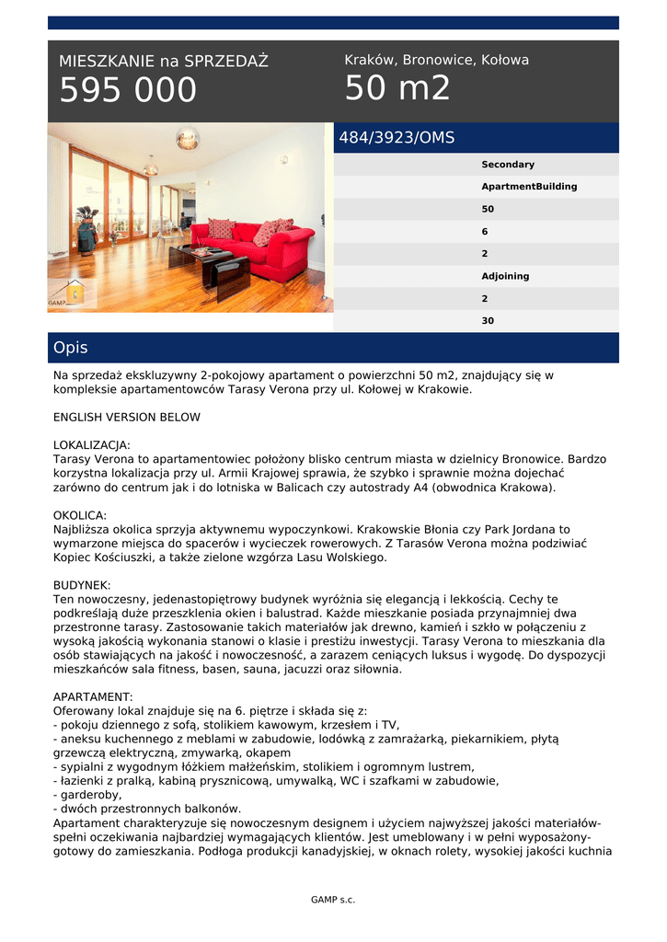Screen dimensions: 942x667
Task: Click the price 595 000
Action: (x=128, y=91)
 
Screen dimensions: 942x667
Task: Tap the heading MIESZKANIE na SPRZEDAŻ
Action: (x=164, y=62)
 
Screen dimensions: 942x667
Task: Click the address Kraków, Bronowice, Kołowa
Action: (x=436, y=60)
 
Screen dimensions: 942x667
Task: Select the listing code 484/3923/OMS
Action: (x=397, y=138)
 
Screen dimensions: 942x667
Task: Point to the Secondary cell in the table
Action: (x=508, y=165)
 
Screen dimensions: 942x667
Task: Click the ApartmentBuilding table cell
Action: (x=529, y=187)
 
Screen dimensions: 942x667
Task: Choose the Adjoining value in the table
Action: (x=505, y=276)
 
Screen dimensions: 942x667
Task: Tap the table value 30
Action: (x=488, y=321)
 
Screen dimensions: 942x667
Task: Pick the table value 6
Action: (x=485, y=232)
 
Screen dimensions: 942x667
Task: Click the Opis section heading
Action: (x=71, y=348)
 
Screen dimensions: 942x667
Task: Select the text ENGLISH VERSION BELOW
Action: (x=126, y=417)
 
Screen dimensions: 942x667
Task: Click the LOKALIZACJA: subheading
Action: (x=92, y=444)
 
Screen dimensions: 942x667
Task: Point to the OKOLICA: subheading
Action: (x=80, y=515)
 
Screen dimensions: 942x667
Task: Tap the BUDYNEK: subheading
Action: (x=82, y=585)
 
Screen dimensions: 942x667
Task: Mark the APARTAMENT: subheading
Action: (x=93, y=696)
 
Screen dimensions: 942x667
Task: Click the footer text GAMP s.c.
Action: (x=333, y=900)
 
